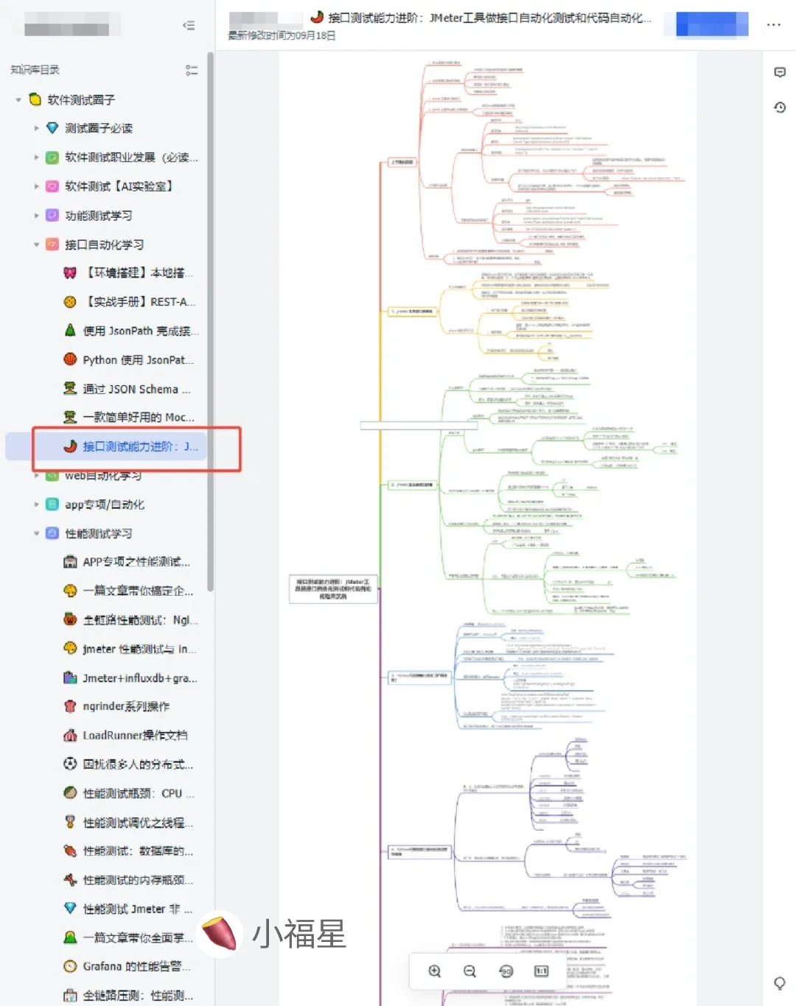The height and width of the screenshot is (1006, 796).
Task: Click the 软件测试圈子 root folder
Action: [81, 99]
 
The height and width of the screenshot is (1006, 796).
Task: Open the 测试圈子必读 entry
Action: [99, 128]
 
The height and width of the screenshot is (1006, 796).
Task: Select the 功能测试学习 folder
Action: [99, 216]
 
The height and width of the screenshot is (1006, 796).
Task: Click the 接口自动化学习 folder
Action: [104, 245]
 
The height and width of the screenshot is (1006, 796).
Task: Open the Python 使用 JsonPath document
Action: [138, 360]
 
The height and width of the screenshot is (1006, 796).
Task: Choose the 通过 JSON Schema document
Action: [136, 389]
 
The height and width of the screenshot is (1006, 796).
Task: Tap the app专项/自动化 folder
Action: [105, 504]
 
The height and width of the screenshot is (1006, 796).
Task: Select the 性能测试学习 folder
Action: [99, 533]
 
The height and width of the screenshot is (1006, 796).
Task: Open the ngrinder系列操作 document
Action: [126, 706]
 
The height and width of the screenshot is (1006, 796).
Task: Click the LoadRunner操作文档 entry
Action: [135, 735]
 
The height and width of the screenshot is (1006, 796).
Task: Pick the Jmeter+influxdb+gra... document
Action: [139, 678]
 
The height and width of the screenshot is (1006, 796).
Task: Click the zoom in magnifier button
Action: [435, 971]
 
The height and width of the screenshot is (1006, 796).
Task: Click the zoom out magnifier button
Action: [469, 971]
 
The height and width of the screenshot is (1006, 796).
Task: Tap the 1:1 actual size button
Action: [541, 971]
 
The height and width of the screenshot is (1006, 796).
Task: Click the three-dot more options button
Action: [773, 24]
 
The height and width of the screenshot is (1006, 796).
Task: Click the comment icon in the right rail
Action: [780, 72]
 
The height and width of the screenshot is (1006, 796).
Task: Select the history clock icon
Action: [780, 108]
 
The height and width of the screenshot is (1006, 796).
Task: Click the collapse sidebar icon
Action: [189, 26]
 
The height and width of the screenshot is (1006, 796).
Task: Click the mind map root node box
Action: [333, 588]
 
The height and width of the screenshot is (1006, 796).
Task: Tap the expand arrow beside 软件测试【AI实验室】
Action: [36, 186]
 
